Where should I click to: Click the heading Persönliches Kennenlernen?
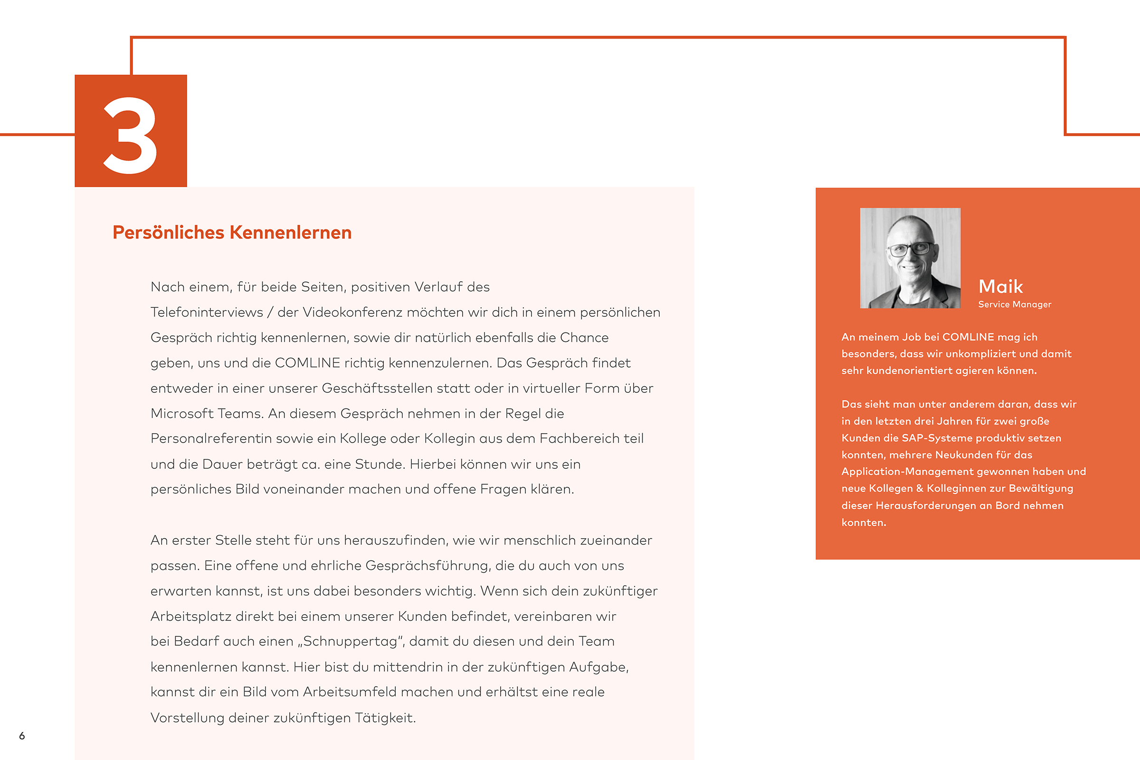coord(232,233)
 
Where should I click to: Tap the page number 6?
coord(22,736)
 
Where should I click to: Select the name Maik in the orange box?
coord(1000,286)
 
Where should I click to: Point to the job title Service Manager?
coord(1015,304)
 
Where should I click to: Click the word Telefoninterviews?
coord(207,312)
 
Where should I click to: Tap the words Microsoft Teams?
coord(207,413)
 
